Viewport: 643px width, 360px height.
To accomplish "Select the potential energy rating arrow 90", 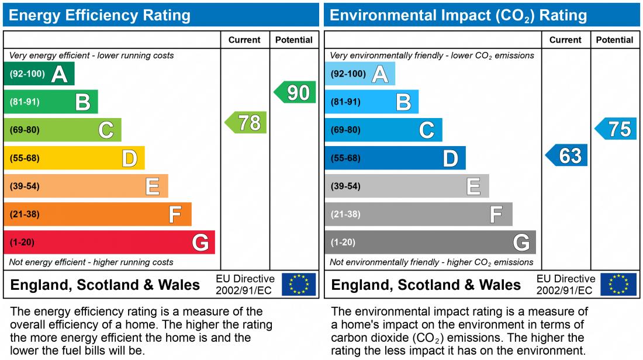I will pos(296,92).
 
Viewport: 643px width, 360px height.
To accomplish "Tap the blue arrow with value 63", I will pos(568,155).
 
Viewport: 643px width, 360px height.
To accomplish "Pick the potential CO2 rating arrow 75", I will pos(617,129).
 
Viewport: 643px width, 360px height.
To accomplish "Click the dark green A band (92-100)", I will pos(39,74).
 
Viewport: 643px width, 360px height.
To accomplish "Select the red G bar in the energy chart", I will pos(109,242).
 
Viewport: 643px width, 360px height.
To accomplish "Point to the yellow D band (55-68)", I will pos(74,158).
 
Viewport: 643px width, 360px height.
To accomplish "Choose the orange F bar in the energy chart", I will pos(98,214).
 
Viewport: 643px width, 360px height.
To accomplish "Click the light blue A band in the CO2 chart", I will pos(359,74).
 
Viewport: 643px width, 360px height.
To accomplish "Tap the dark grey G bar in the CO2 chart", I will pos(430,242).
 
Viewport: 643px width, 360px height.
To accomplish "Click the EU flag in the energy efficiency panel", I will pos(299,284).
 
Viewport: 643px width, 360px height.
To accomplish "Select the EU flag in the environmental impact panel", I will pos(619,284).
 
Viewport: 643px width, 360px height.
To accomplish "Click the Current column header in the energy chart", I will pos(244,40).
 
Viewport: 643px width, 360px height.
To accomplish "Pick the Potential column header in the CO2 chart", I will pos(614,40).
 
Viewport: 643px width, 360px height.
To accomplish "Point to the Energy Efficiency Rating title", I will pos(100,15).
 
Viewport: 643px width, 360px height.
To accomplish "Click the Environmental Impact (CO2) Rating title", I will pos(458,15).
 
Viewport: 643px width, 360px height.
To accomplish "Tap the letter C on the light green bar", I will pos(106,130).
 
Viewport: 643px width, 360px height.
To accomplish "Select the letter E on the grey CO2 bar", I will pos(473,186).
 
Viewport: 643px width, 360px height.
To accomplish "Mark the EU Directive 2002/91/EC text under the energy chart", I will pos(245,285).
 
